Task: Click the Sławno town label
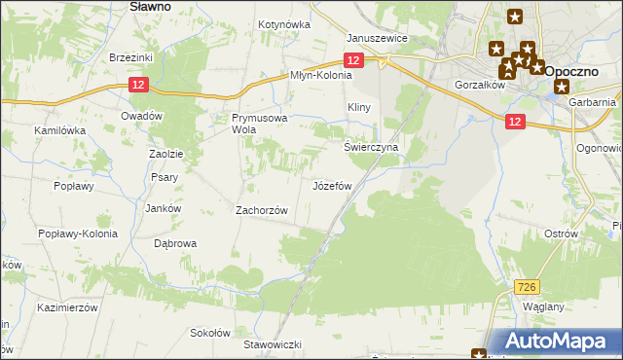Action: click(x=150, y=6)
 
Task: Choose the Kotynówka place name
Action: click(x=283, y=24)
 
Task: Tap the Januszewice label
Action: click(x=377, y=38)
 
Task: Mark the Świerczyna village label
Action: click(x=371, y=147)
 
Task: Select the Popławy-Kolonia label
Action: click(x=77, y=234)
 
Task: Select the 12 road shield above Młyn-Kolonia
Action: click(x=353, y=60)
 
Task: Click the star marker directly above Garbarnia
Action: click(x=562, y=86)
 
